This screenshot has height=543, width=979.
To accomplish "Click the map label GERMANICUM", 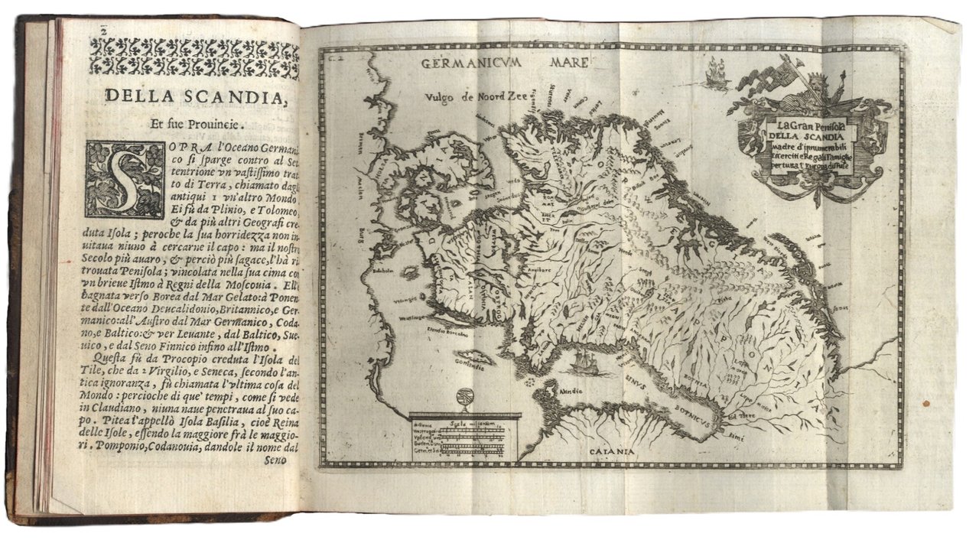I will coord(471,63).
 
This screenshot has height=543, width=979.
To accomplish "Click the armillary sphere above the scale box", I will coord(464,398).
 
